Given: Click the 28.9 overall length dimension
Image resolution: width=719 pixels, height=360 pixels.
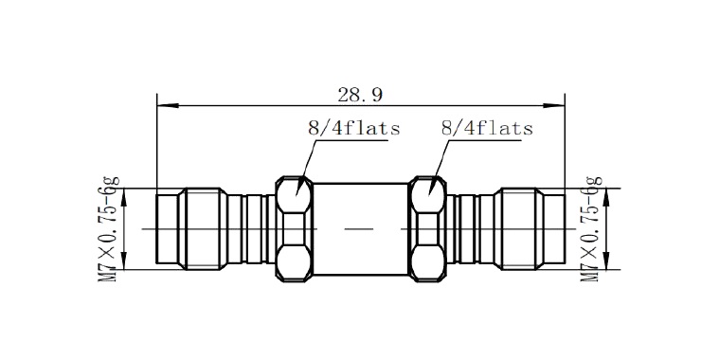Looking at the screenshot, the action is [360, 95].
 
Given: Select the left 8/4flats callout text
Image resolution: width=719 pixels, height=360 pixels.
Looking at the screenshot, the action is [353, 128].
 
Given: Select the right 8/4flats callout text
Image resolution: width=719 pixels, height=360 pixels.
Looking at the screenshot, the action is [487, 128].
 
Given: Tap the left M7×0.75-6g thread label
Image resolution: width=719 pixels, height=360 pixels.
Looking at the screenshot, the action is [109, 228].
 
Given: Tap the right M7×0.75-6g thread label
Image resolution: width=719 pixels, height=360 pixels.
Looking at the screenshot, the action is [591, 228].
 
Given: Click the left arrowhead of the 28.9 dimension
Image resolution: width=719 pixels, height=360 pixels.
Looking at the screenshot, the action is [168, 106].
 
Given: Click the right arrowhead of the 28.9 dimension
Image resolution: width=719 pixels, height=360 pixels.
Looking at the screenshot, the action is [554, 106].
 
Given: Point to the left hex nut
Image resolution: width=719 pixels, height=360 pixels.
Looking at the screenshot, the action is [294, 228].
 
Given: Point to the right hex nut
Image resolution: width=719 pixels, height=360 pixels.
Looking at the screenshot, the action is [427, 228].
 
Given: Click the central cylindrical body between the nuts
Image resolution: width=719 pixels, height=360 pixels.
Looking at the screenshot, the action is [360, 228].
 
